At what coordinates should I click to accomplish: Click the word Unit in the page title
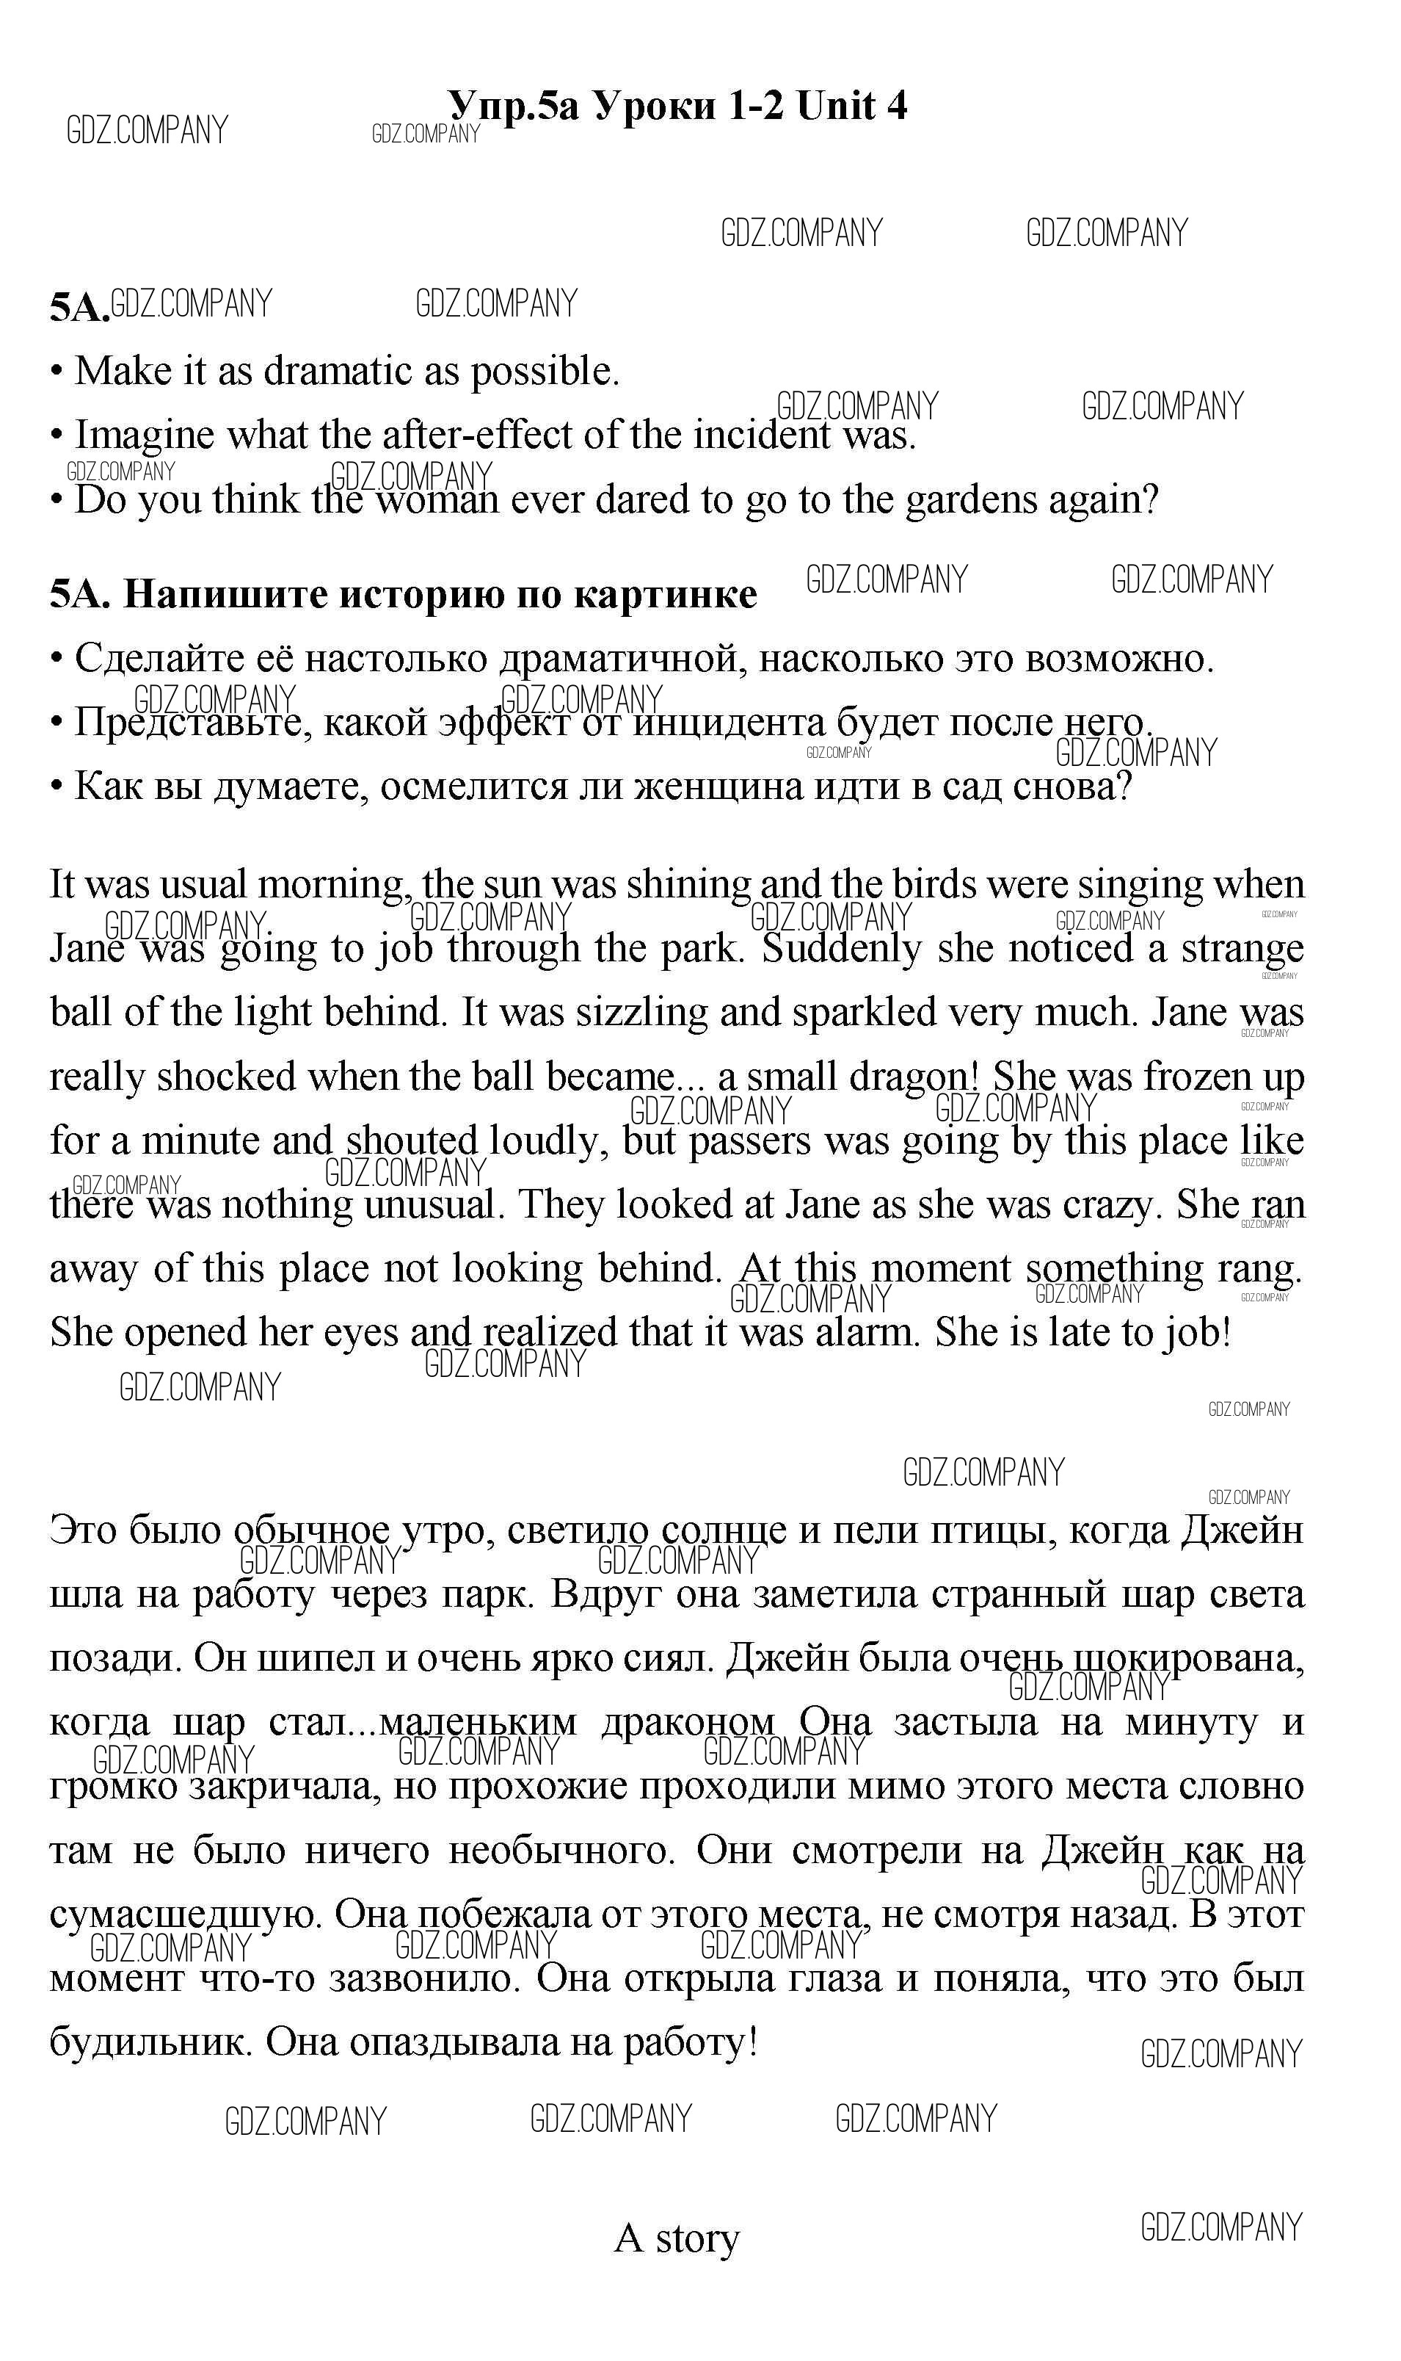coord(835,105)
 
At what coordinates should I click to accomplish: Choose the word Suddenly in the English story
coord(841,948)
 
